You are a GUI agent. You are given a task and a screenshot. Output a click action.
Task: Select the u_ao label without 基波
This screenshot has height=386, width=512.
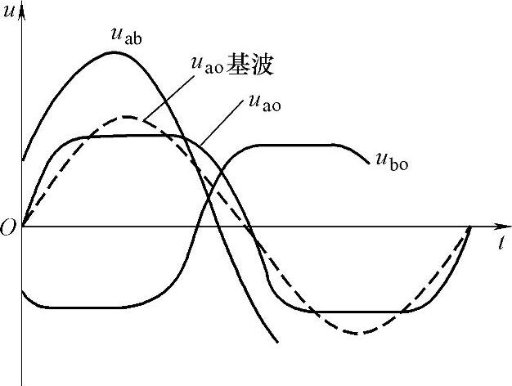(x=263, y=104)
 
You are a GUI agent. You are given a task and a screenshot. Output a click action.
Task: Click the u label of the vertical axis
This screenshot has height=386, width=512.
(x=9, y=11)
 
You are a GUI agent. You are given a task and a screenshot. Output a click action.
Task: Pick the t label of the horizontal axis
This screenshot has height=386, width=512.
(x=499, y=242)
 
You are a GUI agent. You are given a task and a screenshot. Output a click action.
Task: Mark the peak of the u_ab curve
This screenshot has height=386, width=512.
(x=115, y=52)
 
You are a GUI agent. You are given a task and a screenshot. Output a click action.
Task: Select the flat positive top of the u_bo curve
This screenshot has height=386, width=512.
(x=294, y=145)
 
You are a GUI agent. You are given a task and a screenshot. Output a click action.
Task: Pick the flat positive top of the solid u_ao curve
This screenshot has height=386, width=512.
(x=131, y=136)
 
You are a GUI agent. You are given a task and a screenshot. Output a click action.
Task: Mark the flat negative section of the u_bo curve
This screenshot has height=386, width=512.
(x=82, y=307)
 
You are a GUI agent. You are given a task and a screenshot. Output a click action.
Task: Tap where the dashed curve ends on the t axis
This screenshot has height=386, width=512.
(x=470, y=227)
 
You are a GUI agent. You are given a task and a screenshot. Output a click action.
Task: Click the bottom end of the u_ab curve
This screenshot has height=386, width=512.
(x=278, y=342)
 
